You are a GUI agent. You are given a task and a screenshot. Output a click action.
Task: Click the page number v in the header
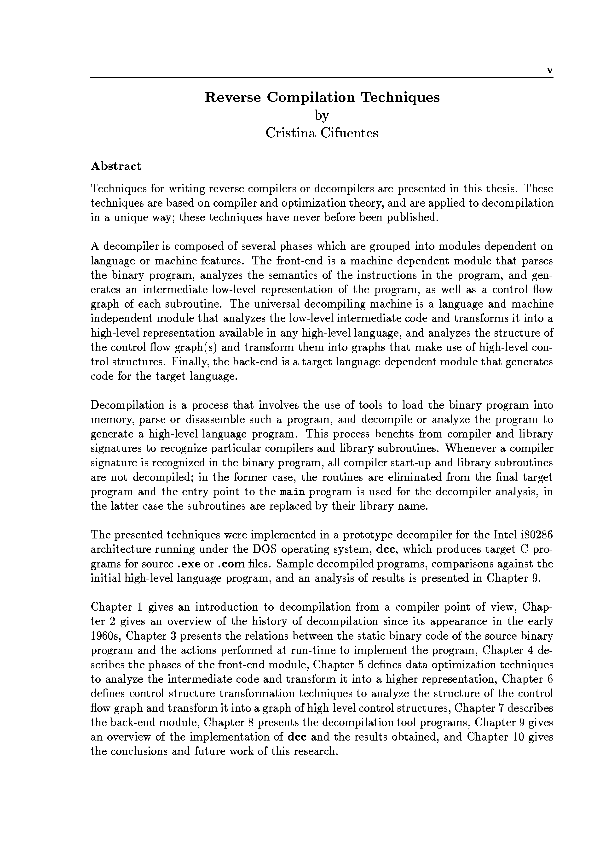coord(549,71)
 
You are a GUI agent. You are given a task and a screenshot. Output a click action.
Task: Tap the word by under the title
coord(322,116)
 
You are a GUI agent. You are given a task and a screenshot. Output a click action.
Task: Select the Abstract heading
coord(116,166)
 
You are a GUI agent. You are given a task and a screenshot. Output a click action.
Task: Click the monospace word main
coord(292,492)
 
